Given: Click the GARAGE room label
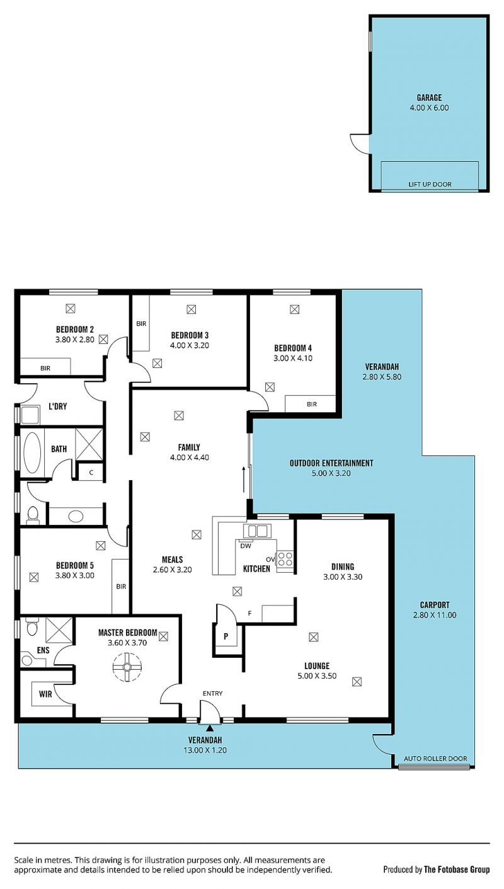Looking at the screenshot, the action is click(429, 97).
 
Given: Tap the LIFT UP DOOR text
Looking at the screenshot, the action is click(430, 184).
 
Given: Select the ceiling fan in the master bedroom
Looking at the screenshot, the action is click(127, 667).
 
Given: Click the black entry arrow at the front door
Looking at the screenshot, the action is click(210, 728).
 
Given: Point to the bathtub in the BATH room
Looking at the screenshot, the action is click(32, 452).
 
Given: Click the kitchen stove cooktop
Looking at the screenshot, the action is click(285, 559).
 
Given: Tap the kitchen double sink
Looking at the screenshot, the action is click(257, 531).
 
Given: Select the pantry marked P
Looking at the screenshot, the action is click(226, 636).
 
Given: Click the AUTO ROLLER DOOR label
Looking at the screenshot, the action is click(435, 759).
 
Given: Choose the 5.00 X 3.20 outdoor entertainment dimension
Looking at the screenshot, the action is click(331, 473).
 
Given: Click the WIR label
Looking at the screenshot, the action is click(45, 694).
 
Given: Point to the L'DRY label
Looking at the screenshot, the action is click(57, 406).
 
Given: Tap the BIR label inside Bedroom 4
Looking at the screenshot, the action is click(311, 404).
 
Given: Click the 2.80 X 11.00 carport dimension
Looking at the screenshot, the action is click(435, 615).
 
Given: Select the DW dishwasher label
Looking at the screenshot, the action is click(246, 546).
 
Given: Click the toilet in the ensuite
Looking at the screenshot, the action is click(32, 628).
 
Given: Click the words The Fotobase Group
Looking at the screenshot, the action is click(457, 869).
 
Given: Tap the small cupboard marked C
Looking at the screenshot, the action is click(91, 473).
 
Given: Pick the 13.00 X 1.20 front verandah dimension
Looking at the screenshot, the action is click(205, 750).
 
